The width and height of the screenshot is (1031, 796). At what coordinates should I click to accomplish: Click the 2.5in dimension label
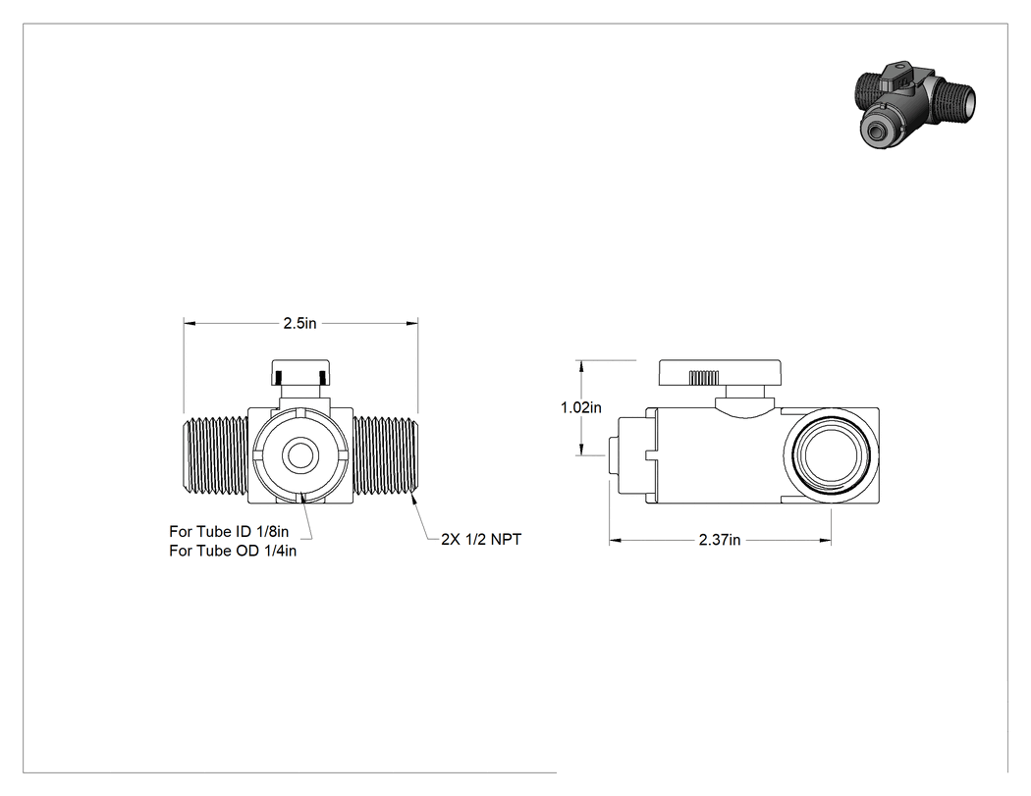(x=299, y=323)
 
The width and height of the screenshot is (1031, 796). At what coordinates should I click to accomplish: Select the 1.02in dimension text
(x=580, y=407)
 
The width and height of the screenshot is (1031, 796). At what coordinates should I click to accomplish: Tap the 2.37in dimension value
(x=720, y=540)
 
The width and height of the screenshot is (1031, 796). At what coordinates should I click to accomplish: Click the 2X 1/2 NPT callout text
(x=481, y=539)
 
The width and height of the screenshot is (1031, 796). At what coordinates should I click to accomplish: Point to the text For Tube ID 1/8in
(x=229, y=531)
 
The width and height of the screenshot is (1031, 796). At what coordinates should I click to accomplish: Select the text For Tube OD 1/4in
(x=233, y=551)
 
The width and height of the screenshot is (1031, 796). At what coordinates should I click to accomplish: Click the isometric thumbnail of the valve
(x=916, y=104)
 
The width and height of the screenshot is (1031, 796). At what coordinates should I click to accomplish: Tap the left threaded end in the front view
(x=215, y=455)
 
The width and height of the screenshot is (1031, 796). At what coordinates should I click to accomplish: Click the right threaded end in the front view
(x=385, y=455)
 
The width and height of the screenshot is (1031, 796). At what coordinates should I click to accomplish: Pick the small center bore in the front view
(x=300, y=454)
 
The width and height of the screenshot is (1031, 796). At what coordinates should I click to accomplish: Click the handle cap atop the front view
(x=300, y=373)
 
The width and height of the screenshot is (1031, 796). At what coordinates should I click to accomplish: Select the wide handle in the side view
(x=720, y=373)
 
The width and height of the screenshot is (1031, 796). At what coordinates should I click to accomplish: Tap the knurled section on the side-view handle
(x=704, y=378)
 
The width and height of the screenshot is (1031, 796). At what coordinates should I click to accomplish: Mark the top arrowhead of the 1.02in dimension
(x=581, y=366)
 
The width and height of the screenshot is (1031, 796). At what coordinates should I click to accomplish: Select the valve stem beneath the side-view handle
(x=745, y=398)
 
